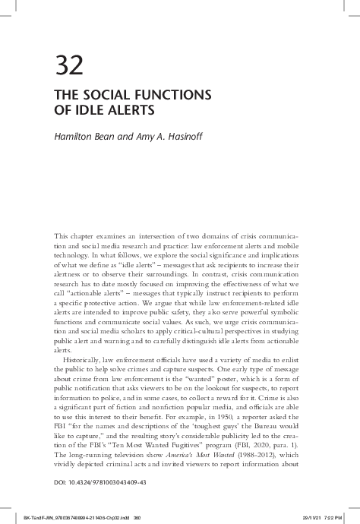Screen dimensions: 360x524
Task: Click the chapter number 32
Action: tap(70, 65)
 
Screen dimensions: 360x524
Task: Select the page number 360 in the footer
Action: tap(139, 510)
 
